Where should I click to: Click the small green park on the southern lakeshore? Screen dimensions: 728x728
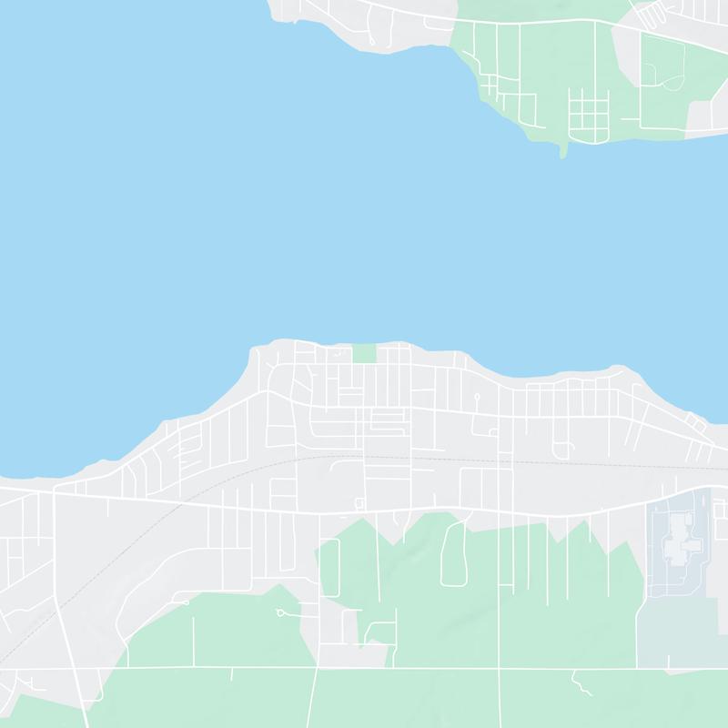point(364,353)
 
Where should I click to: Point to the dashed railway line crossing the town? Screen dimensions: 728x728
point(182,500)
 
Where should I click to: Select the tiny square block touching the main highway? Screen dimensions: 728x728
point(359,503)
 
